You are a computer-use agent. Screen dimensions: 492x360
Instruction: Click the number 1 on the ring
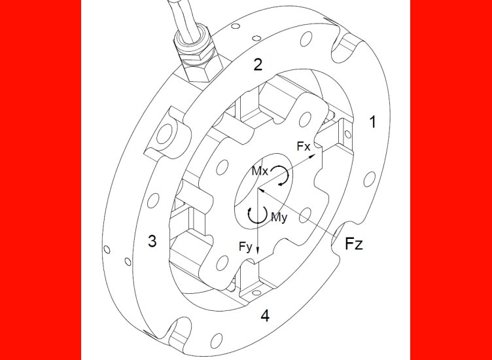pos(372,122)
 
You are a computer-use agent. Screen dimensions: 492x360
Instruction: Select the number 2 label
pos(258,65)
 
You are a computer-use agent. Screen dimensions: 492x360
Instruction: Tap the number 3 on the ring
pos(152,242)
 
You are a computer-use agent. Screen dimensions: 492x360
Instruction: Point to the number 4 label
pos(265,315)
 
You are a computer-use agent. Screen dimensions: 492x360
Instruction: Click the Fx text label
pos(304,146)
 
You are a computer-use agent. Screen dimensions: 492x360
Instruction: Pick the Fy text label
pos(245,247)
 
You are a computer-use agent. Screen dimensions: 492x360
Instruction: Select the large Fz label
pos(354,243)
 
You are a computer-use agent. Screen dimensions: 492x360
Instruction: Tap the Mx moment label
pos(260,171)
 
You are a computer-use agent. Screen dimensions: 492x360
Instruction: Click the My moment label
pos(279,217)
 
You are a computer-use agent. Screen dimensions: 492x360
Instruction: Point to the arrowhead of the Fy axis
pos(258,249)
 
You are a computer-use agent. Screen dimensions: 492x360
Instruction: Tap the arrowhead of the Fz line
pos(262,191)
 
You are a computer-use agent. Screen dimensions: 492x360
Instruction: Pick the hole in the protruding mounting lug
pos(164,135)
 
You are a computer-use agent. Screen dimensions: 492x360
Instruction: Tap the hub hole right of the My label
pos(305,215)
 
